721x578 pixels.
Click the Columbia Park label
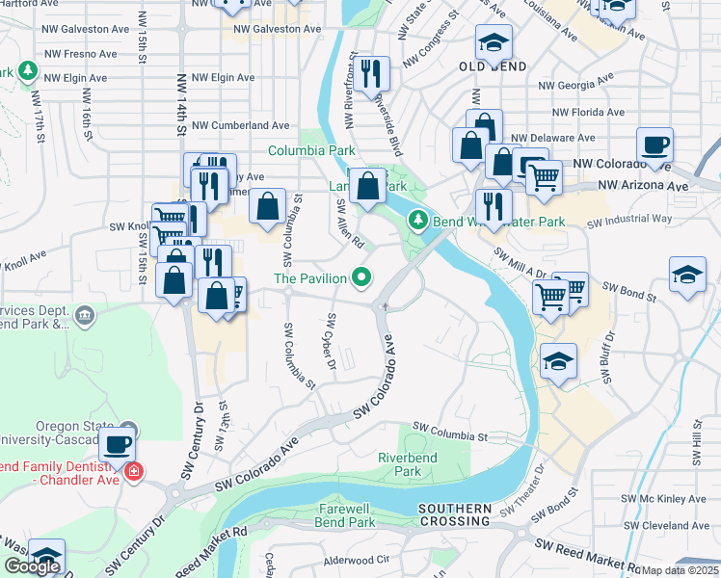coord(311,151)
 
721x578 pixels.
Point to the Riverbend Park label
coord(407,464)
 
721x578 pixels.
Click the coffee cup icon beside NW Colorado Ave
coord(655,144)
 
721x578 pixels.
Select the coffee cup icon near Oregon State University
coord(118,444)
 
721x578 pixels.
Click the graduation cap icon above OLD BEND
coord(494,42)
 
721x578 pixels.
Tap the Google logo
coord(32,566)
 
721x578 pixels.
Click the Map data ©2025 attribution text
coord(681,570)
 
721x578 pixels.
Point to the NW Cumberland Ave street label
coord(240,125)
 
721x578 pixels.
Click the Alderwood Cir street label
coord(356,559)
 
